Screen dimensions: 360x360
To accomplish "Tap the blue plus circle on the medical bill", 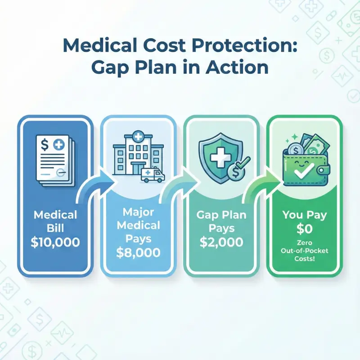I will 58,145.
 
